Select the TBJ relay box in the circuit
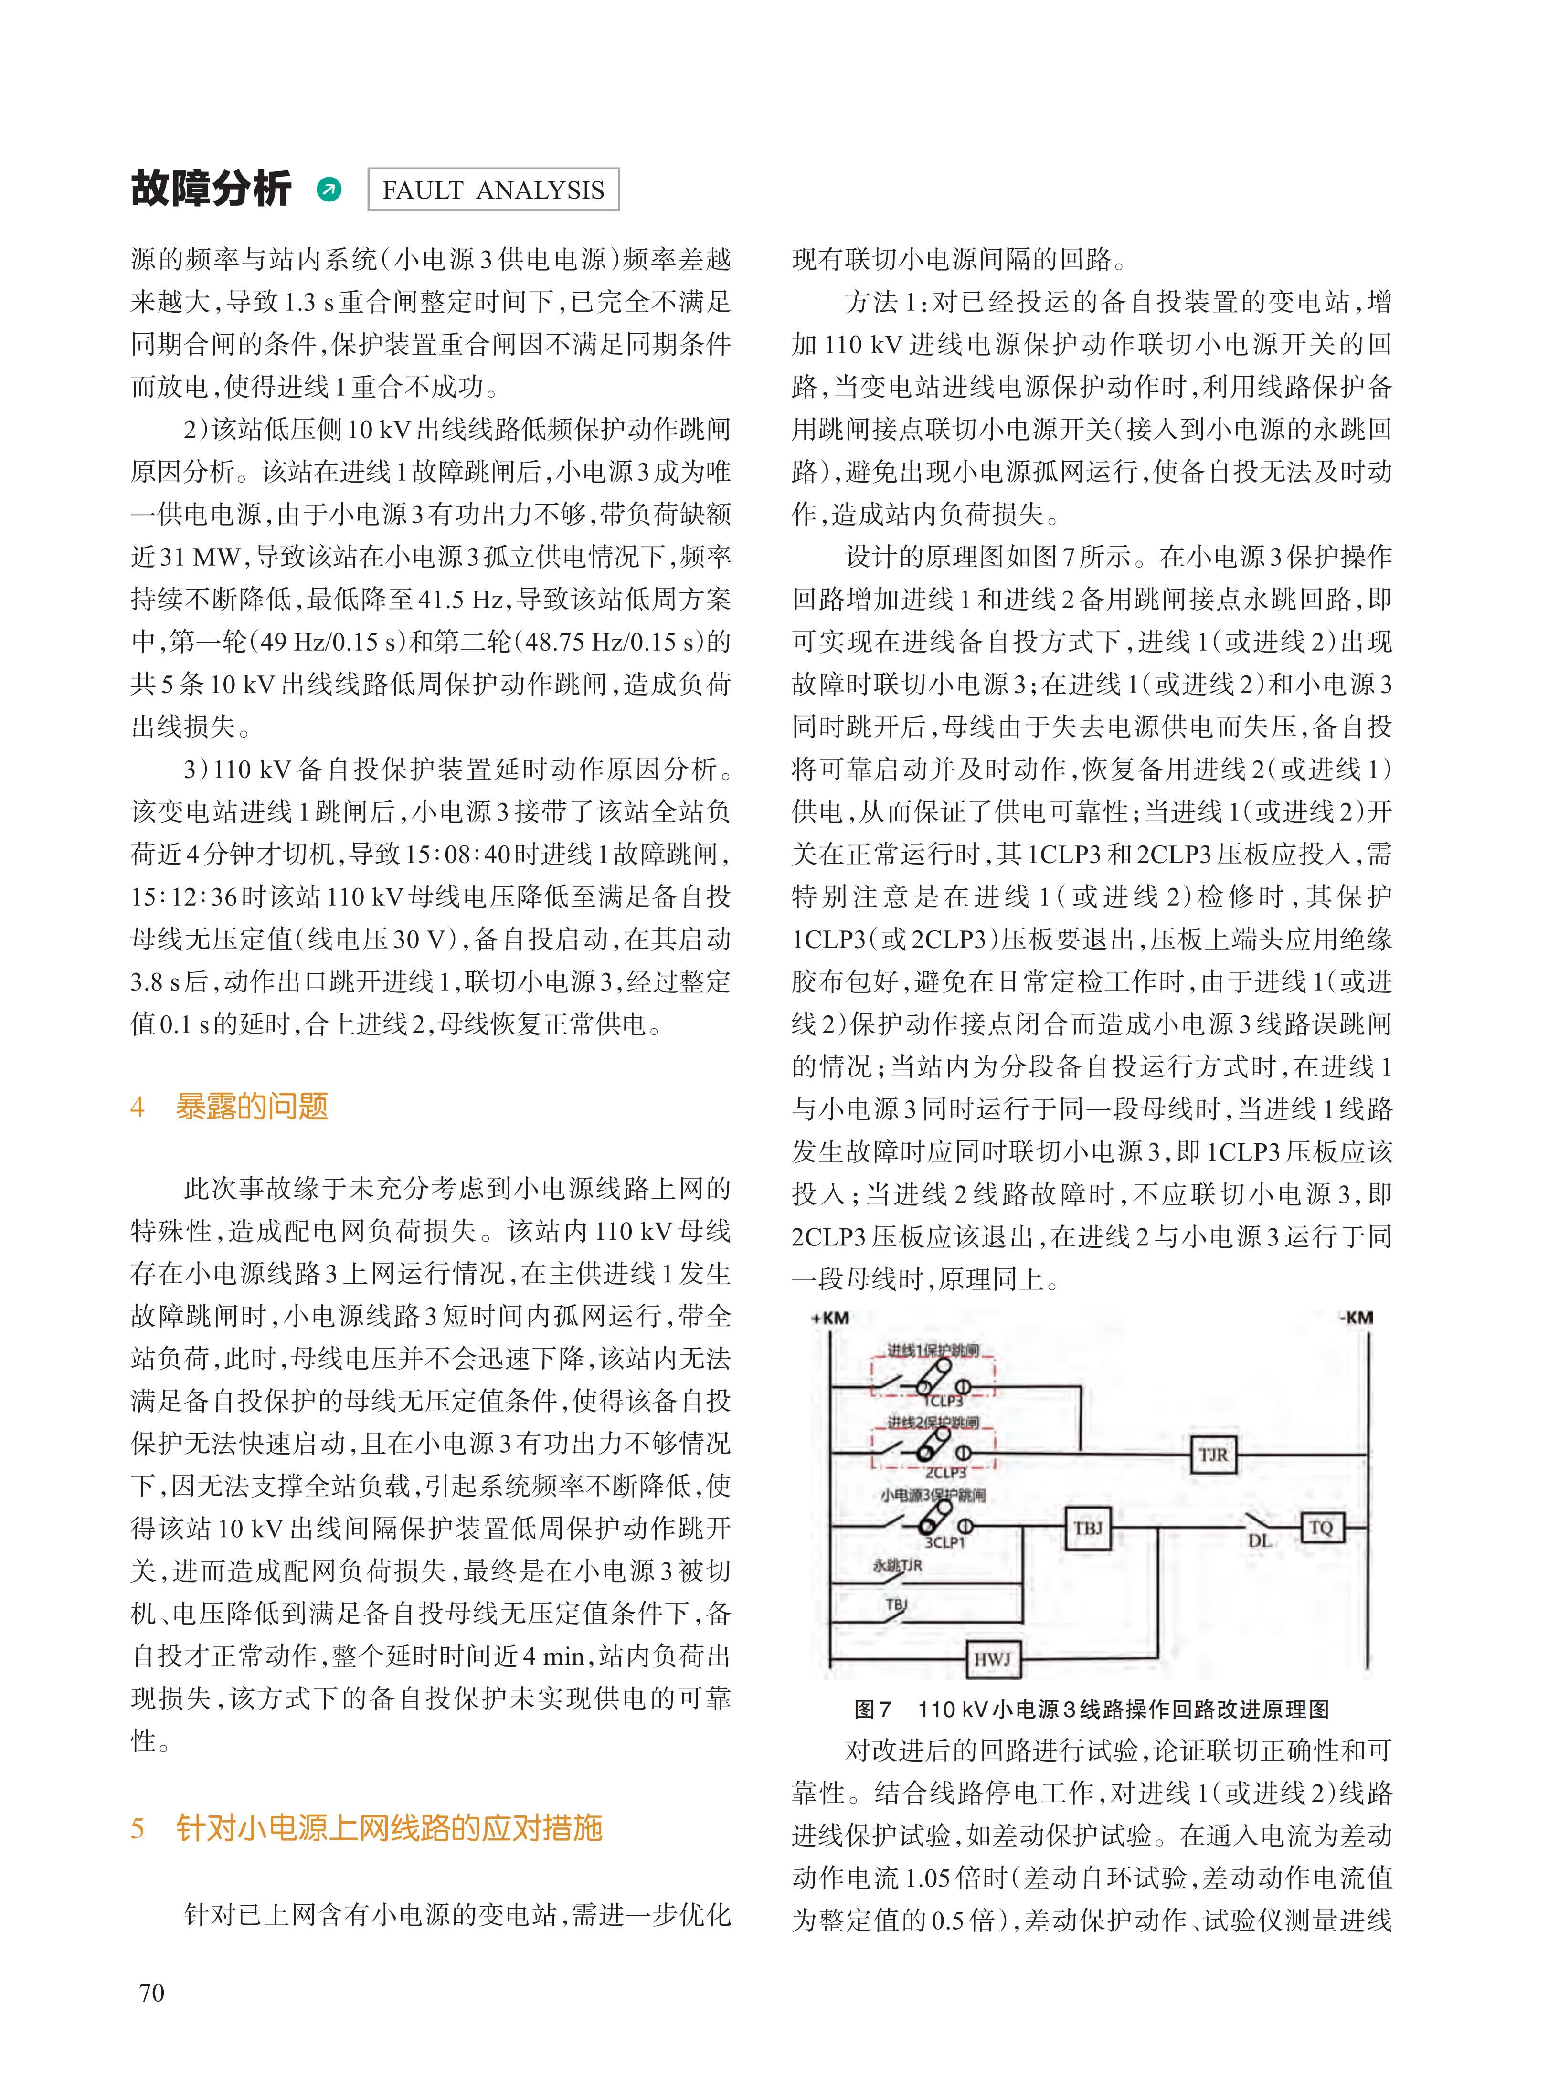tap(1088, 1527)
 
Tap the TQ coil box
tap(1320, 1527)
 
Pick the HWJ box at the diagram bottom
tap(992, 1657)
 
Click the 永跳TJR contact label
tap(897, 1565)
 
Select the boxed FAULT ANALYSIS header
tap(493, 190)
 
